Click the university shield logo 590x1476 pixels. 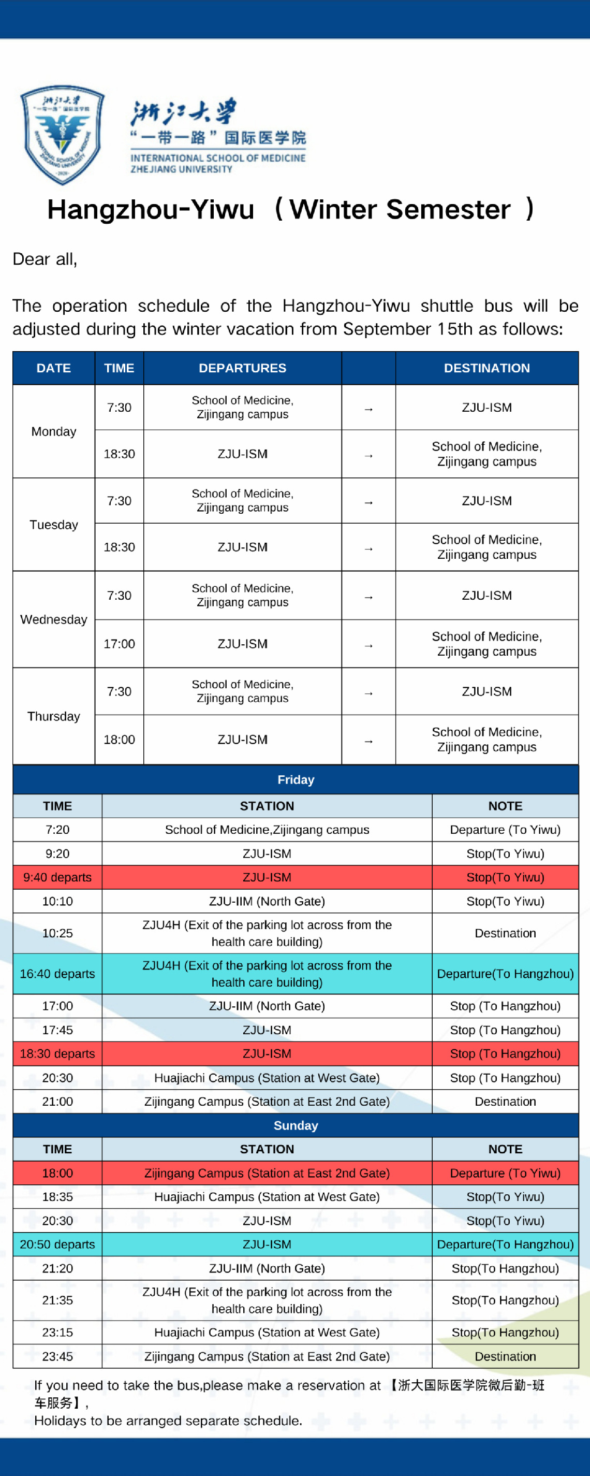(x=63, y=135)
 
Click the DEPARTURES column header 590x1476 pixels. (x=242, y=368)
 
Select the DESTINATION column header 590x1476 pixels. (x=486, y=368)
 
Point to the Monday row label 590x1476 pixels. (x=54, y=431)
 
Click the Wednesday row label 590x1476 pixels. (x=54, y=619)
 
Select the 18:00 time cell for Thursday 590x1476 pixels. (x=119, y=739)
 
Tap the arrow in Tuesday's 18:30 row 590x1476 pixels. (x=368, y=548)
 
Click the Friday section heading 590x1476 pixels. (x=296, y=779)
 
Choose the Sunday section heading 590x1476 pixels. (x=296, y=1125)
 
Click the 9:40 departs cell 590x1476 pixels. (x=57, y=877)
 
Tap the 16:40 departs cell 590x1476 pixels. (x=57, y=974)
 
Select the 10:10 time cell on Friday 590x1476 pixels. (x=57, y=901)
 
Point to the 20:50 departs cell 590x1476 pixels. (x=57, y=1244)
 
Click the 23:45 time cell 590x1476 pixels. (x=57, y=1356)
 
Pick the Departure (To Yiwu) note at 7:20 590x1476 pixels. (x=505, y=829)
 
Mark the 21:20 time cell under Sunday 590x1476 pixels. (x=57, y=1268)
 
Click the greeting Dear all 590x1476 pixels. (x=45, y=259)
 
